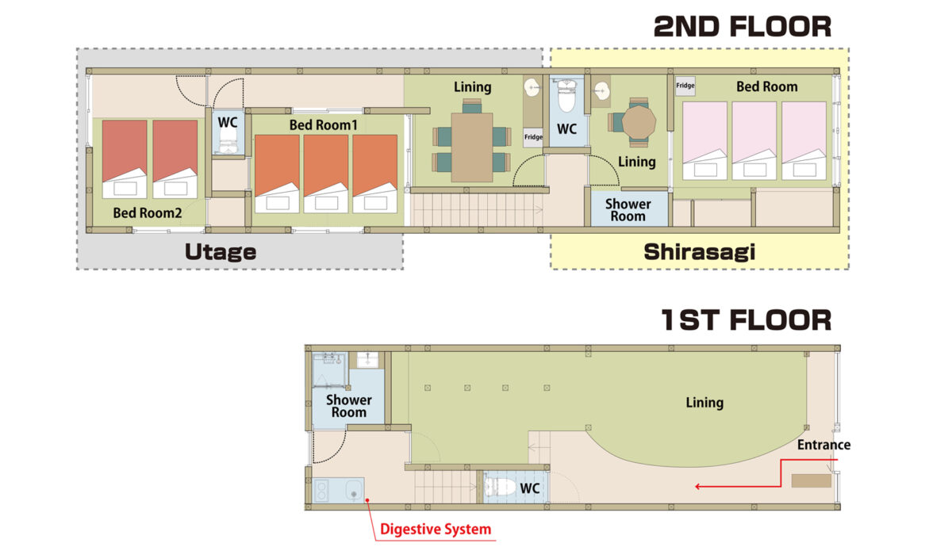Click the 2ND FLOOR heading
coord(742,27)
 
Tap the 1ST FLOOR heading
coord(746,320)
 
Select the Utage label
coord(221,252)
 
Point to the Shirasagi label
coord(700,252)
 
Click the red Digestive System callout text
coord(436,530)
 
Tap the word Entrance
coord(823,445)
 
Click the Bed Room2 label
coord(148,212)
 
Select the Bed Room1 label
coord(324,125)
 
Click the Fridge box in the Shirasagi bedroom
coord(685,86)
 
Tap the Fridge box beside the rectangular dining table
coord(533,137)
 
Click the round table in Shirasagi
coord(639,122)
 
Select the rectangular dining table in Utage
coord(472,147)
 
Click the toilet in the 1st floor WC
coord(500,487)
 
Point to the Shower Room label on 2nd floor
coord(628,210)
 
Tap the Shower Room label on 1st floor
coord(349,406)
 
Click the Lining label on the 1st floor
coord(704,403)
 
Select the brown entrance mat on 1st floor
coord(812,480)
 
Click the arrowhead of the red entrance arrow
coord(697,486)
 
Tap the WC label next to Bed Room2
coord(228,123)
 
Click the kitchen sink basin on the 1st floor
coord(353,491)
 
